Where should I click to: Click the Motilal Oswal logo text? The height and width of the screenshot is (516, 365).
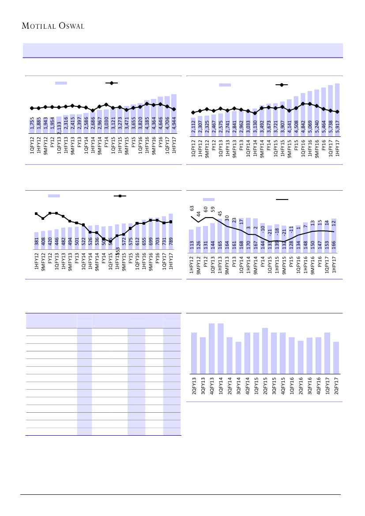(x=53, y=26)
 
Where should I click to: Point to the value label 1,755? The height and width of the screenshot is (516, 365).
(x=32, y=124)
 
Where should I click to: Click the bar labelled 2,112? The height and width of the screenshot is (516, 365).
(x=193, y=125)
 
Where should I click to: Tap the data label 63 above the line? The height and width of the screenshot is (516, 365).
(x=192, y=207)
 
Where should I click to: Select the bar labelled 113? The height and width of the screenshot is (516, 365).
(x=191, y=241)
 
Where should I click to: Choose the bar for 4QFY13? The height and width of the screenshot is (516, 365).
(x=212, y=348)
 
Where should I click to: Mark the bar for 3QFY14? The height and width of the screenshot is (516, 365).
(x=238, y=358)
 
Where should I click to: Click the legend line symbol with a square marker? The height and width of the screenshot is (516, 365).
(x=120, y=196)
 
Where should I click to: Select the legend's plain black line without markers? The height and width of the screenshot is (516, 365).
(x=282, y=200)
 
